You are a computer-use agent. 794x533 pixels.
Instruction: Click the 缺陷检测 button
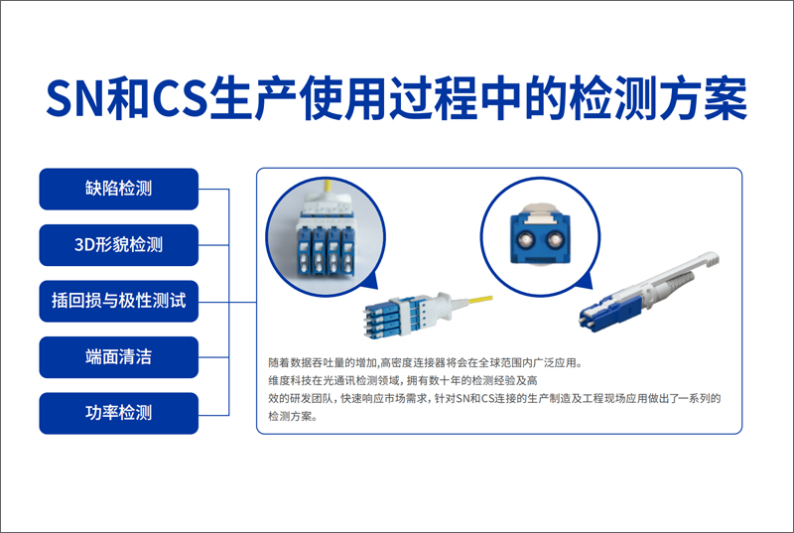119,189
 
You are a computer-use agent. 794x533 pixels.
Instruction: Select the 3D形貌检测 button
119,245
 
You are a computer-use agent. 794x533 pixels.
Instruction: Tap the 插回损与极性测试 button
119,301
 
